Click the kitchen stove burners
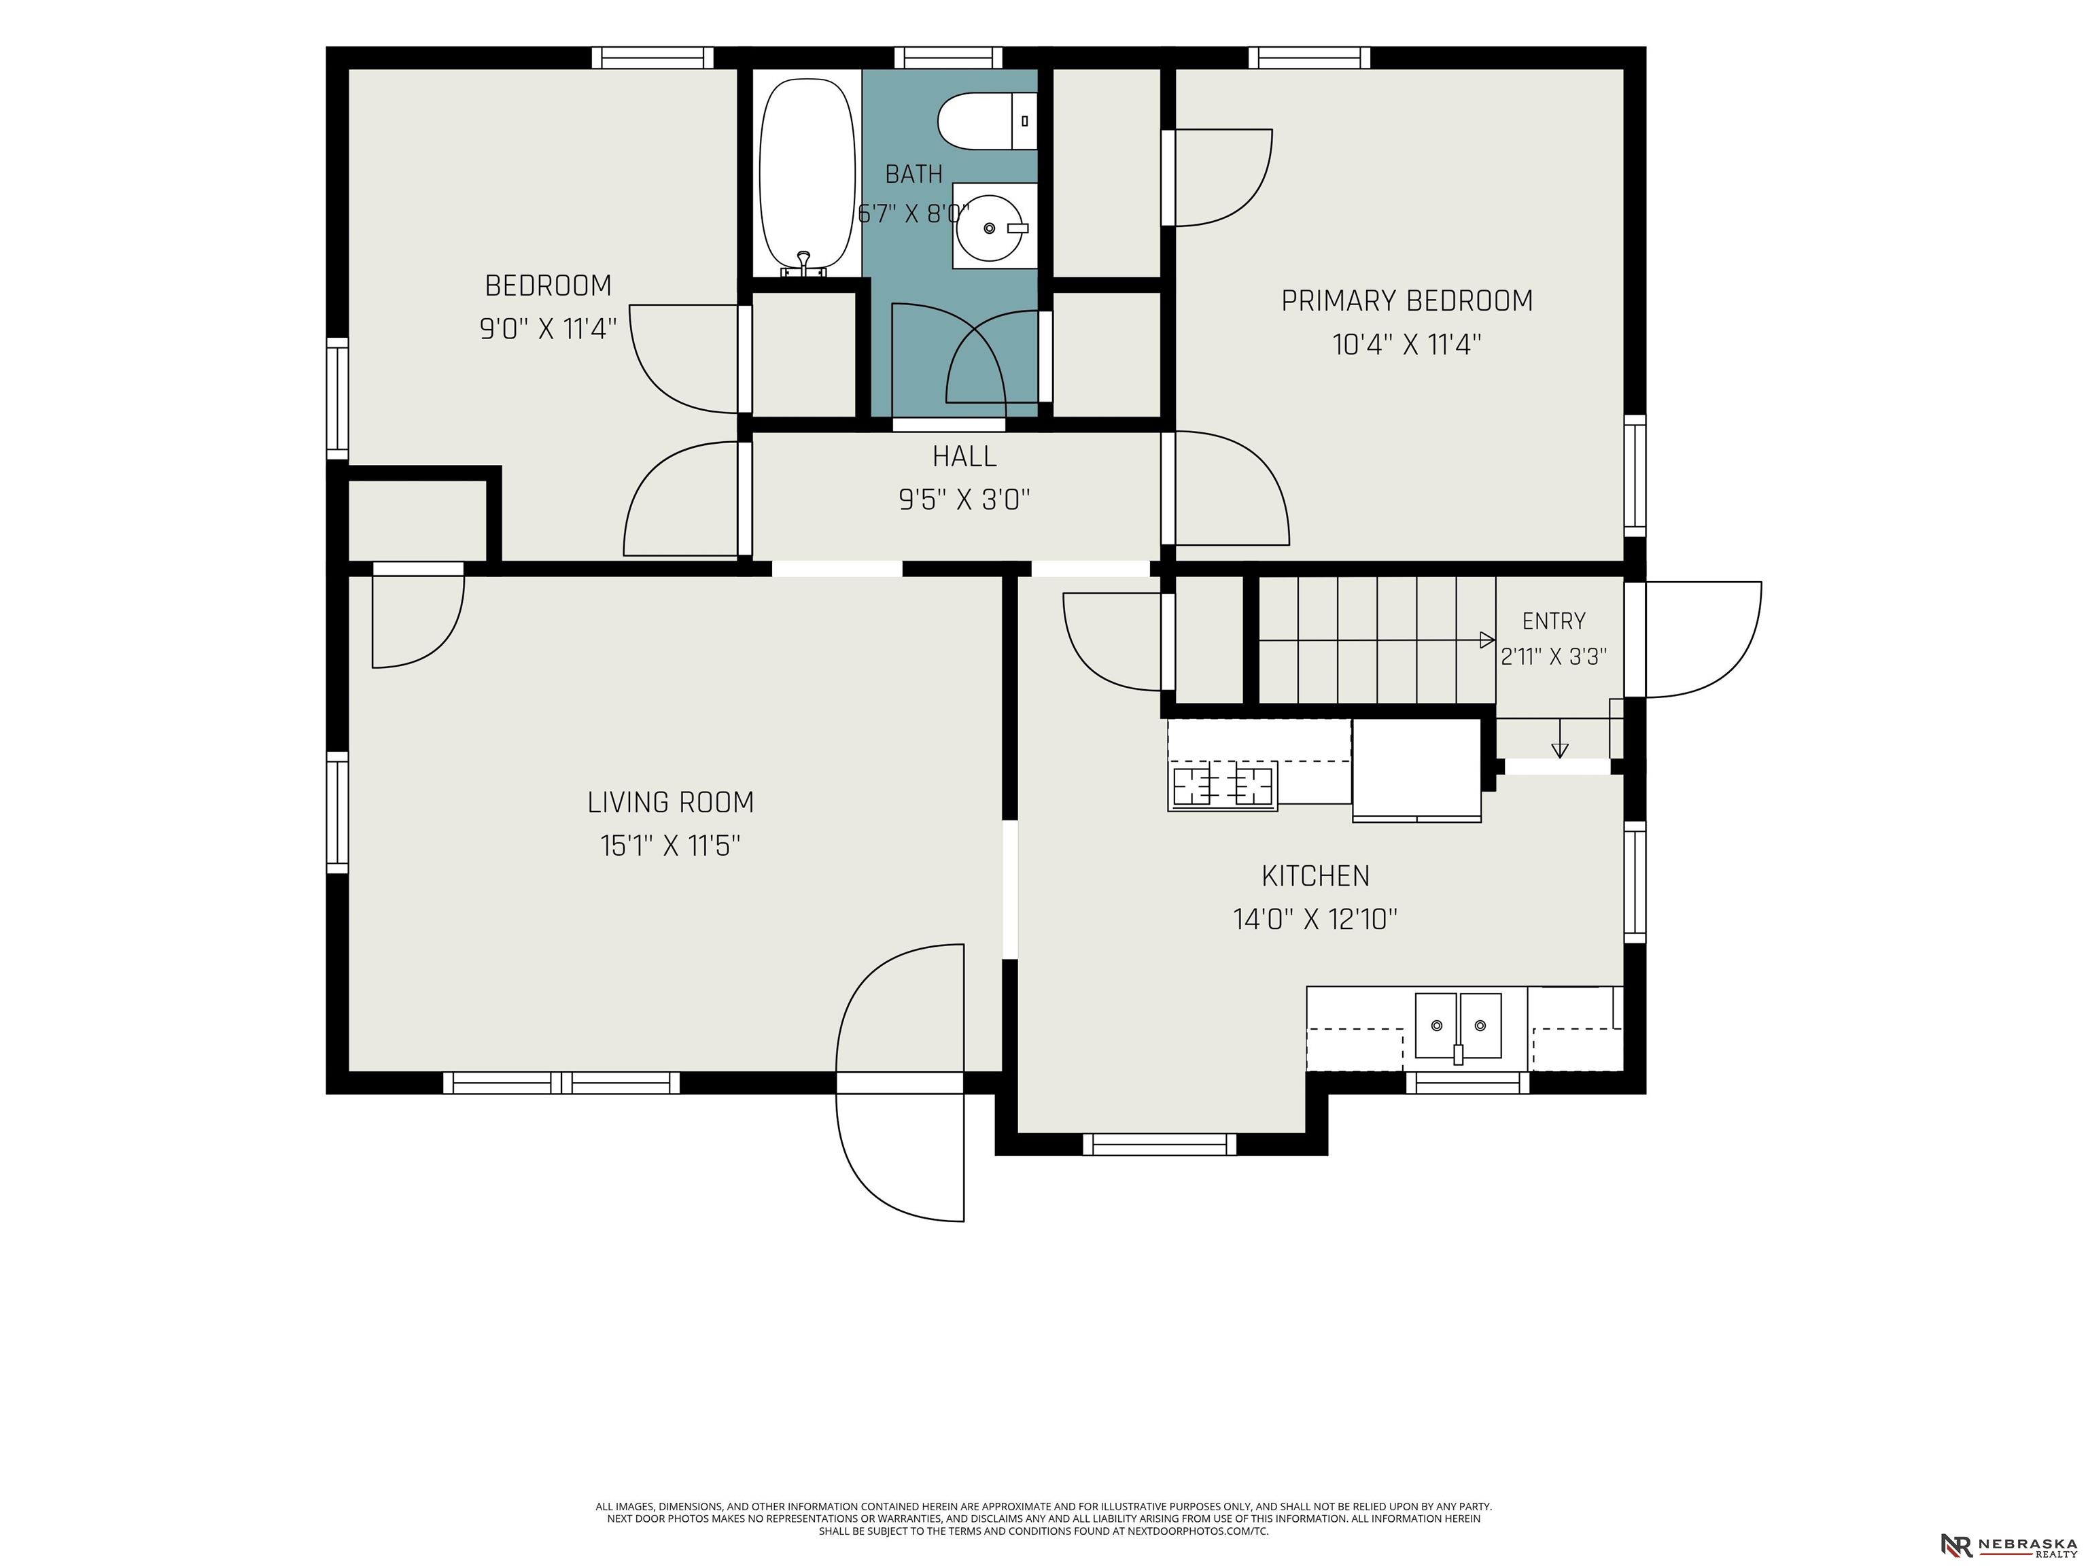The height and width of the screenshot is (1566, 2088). point(1222,785)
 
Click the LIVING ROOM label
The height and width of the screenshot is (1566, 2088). point(670,802)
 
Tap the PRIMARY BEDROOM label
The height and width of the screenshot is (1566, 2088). point(1406,301)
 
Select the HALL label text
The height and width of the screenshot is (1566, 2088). point(964,457)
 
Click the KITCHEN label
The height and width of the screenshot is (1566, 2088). point(1315,876)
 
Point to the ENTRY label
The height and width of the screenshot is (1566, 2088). point(1554,621)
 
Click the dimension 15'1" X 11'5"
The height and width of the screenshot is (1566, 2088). point(670,846)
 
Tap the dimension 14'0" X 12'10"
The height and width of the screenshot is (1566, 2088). point(1315,920)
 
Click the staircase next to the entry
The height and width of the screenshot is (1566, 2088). point(1377,640)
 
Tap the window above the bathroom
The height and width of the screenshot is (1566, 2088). point(949,58)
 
